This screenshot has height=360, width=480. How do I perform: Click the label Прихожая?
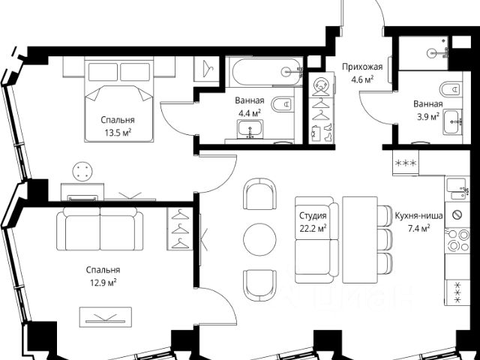click(x=362, y=67)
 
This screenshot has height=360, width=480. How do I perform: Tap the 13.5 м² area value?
click(x=118, y=133)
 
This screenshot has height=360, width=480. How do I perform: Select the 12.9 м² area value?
click(x=103, y=282)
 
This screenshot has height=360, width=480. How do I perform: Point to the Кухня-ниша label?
click(x=418, y=216)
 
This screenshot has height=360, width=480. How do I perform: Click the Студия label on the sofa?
click(x=313, y=216)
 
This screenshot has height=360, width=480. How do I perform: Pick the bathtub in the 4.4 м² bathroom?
click(x=266, y=72)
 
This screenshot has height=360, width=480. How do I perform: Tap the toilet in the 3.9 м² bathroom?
click(x=451, y=89)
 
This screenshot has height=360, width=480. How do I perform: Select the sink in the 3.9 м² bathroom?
click(x=452, y=122)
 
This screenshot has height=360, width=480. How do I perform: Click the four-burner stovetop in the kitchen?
click(x=457, y=241)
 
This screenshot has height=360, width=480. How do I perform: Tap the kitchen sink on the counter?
click(x=457, y=188)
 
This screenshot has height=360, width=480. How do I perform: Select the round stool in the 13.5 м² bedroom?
click(x=82, y=172)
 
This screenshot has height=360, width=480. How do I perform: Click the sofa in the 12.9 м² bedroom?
click(x=100, y=229)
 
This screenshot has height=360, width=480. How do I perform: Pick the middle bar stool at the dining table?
click(x=385, y=239)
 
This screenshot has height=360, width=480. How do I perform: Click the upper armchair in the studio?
click(x=259, y=194)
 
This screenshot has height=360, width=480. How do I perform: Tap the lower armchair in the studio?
click(x=259, y=285)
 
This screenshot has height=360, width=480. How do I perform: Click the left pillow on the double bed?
click(x=103, y=72)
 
